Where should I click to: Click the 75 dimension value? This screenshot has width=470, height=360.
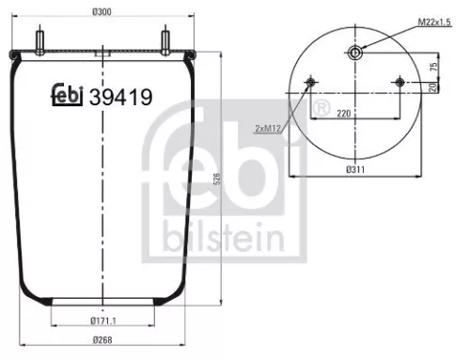click(432, 67)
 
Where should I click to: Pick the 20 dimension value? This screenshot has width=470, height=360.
click(432, 87)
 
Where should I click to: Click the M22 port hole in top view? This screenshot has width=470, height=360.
click(354, 53)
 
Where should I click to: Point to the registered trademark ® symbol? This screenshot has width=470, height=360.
click(322, 112)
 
